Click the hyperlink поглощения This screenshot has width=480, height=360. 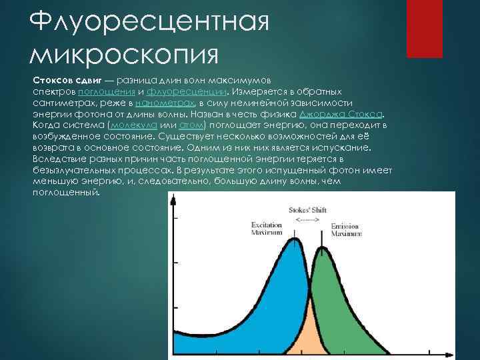point(108,91)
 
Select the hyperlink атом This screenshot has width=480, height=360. point(193,125)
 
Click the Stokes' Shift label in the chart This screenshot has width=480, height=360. point(307,209)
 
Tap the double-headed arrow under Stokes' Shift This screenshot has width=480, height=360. point(307,219)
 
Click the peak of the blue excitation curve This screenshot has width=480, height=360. point(291,241)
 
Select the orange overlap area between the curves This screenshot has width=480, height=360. point(309,337)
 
